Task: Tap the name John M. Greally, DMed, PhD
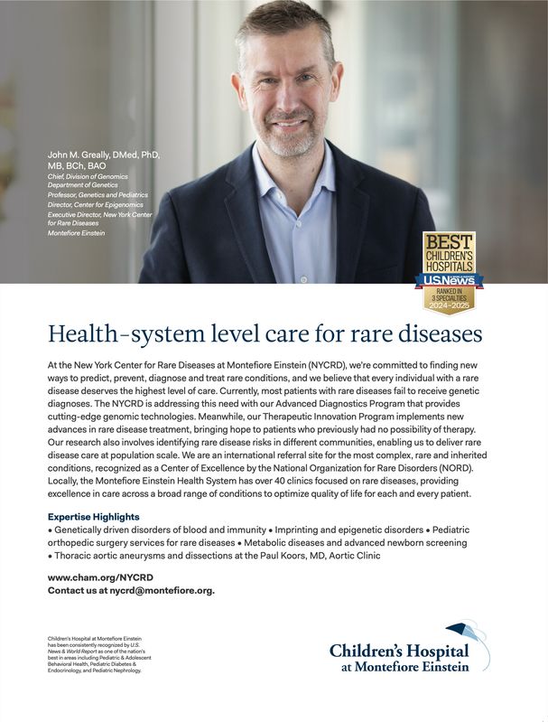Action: [x=104, y=155]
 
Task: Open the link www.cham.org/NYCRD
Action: [x=100, y=577]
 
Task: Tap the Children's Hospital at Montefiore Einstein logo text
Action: [x=398, y=659]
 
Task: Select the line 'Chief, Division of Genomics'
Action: [x=88, y=176]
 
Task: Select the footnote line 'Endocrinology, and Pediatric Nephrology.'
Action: [x=95, y=671]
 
